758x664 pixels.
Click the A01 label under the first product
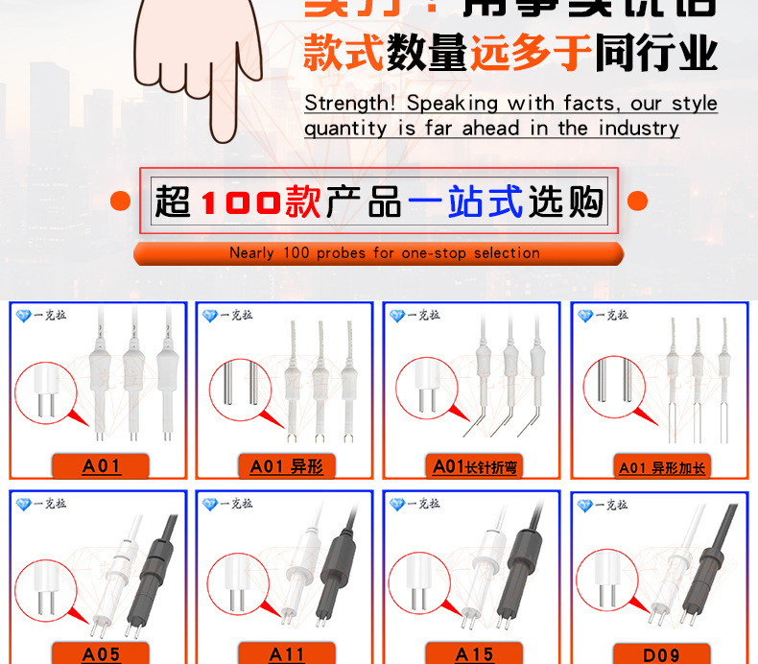point(102,466)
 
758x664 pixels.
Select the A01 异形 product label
point(286,466)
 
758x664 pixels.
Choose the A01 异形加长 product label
point(661,467)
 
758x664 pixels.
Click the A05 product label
point(102,653)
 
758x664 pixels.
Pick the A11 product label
point(287,653)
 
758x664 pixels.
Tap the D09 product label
point(661,654)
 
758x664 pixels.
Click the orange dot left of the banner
point(120,202)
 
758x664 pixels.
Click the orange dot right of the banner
point(637,202)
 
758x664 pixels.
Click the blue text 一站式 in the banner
point(465,202)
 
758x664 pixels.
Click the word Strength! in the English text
point(351,103)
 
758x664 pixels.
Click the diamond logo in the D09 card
point(584,505)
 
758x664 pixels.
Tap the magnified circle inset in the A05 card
point(45,584)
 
